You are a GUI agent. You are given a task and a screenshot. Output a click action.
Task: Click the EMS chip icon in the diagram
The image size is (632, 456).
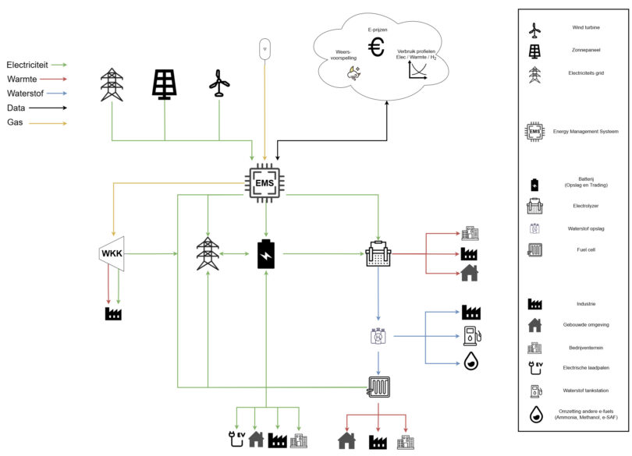point(266,184)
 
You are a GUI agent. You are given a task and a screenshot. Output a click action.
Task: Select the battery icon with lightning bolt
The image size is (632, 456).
point(266,254)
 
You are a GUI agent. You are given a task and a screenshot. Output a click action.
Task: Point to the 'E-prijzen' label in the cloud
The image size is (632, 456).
point(378,29)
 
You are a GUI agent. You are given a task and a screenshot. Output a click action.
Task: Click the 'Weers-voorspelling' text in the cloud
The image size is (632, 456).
point(343,56)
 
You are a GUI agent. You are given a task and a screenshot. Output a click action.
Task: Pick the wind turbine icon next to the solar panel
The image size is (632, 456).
point(218,83)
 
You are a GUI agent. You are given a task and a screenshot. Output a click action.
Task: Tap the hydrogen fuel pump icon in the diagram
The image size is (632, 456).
point(470,336)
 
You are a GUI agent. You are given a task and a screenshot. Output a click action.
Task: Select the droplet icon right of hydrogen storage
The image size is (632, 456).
point(470,361)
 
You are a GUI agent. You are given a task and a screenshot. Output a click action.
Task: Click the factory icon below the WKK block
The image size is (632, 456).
point(113,313)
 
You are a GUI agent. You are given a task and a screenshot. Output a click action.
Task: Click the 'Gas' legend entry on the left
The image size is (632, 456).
point(15,122)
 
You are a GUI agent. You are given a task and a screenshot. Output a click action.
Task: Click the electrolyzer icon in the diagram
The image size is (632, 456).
point(378,254)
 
